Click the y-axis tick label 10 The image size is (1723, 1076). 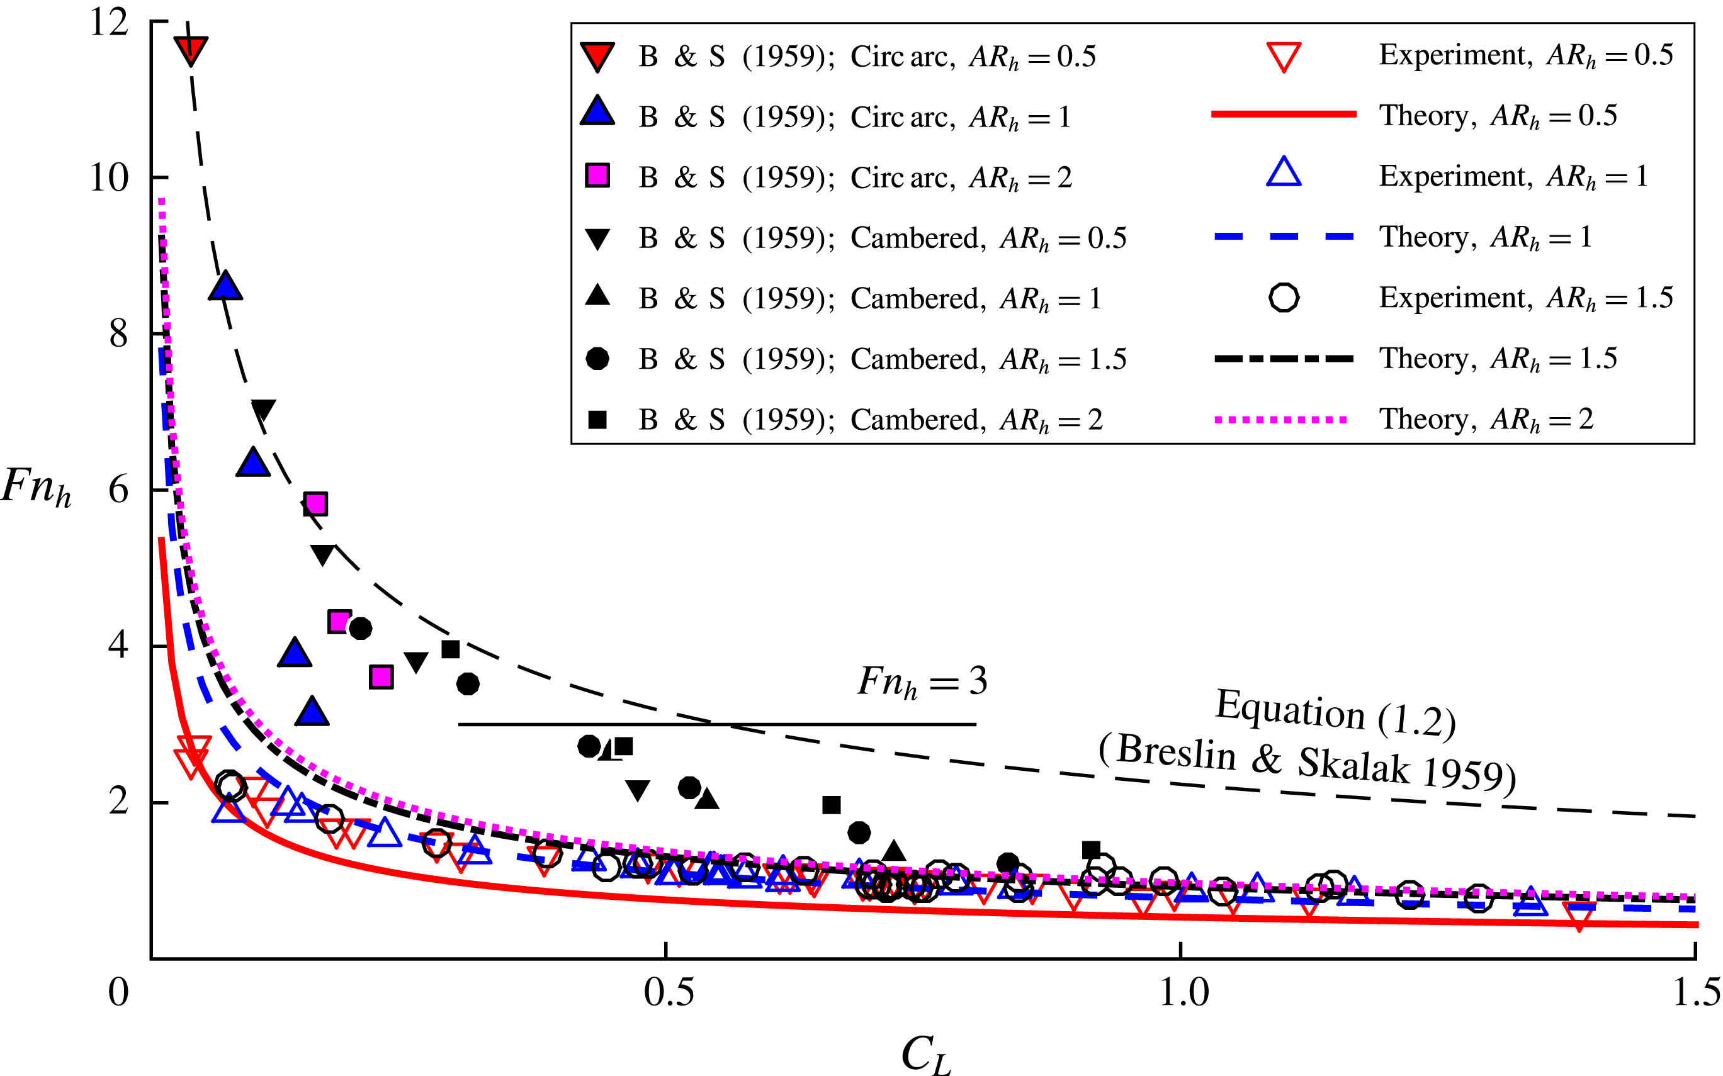click(x=109, y=178)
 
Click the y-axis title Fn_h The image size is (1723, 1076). click(x=37, y=488)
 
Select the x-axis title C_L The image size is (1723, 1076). click(x=925, y=1054)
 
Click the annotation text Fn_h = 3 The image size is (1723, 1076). click(x=922, y=681)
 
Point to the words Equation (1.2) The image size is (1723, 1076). click(x=1335, y=712)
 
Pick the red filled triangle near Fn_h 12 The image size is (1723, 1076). click(x=191, y=50)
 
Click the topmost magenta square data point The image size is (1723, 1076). click(x=315, y=504)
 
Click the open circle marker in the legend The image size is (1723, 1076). click(x=1283, y=298)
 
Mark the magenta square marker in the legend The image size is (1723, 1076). click(x=597, y=176)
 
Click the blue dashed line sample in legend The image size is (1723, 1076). click(x=1283, y=237)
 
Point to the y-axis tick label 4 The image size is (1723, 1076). click(x=118, y=646)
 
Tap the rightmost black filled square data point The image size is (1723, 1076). click(x=1091, y=850)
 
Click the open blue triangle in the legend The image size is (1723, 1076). click(x=1283, y=174)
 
